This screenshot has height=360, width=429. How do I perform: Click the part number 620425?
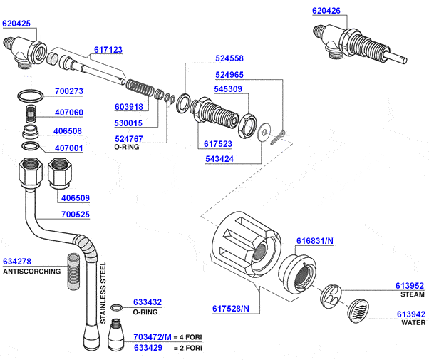16,24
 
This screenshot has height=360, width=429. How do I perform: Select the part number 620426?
326,11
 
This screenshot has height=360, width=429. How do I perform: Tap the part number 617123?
108,51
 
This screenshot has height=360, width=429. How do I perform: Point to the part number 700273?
69,91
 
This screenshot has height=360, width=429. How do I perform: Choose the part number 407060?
69,113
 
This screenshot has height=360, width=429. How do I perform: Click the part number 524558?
229,58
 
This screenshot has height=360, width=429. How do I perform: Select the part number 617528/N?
231,309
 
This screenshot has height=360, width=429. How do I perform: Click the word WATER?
413,322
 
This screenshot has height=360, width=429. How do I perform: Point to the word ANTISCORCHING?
32,272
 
